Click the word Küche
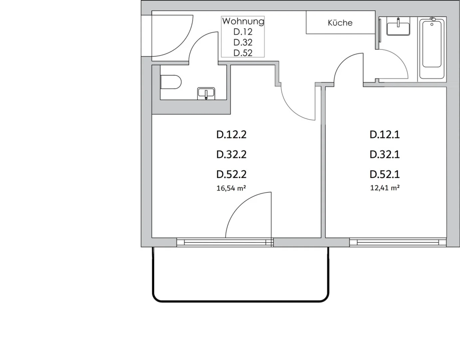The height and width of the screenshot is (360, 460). [x=340, y=23]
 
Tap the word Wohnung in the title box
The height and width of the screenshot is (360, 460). [x=243, y=21]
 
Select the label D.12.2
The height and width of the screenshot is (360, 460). [x=231, y=135]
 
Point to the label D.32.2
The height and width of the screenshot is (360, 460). [x=231, y=155]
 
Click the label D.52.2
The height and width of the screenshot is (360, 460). [x=231, y=174]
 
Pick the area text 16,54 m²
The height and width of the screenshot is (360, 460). [x=231, y=188]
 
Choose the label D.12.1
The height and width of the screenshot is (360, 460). [x=385, y=135]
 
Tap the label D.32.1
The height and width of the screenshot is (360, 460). [x=385, y=155]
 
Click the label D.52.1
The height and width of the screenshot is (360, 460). [x=385, y=174]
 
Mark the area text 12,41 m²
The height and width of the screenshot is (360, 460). [x=385, y=188]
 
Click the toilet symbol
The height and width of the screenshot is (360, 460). [x=171, y=82]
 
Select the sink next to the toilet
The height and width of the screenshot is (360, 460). [x=206, y=93]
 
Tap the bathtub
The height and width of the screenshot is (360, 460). [x=432, y=49]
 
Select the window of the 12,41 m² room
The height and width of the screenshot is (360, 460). [x=398, y=242]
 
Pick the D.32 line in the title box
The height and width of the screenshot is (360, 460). [x=243, y=42]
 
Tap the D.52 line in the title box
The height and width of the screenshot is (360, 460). [x=243, y=53]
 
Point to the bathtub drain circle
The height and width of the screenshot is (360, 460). [x=432, y=24]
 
